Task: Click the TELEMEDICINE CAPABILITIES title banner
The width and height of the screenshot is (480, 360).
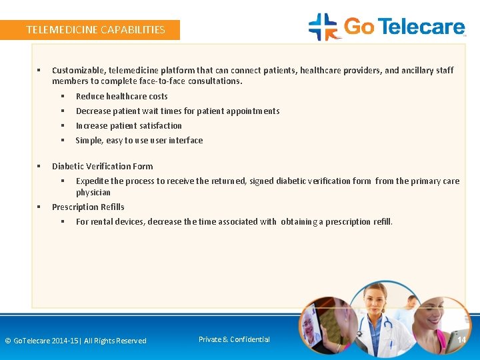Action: point(95,29)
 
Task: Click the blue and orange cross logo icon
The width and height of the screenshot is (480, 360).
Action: point(323,27)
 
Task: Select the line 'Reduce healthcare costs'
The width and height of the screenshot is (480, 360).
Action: point(121,96)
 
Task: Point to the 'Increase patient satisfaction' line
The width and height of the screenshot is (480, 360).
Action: point(129,125)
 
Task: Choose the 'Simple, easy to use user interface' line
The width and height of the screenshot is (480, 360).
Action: point(139,140)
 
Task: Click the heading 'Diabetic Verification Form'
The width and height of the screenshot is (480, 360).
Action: point(102,166)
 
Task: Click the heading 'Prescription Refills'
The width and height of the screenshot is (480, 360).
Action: point(88,207)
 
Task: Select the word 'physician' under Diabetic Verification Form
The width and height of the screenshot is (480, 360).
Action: point(93,192)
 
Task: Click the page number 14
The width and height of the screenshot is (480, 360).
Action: point(461,340)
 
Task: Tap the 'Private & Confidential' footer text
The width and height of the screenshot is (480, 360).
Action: point(234,339)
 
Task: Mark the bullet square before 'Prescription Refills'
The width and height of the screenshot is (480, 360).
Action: point(39,207)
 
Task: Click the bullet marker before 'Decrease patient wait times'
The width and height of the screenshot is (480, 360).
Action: point(63,111)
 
